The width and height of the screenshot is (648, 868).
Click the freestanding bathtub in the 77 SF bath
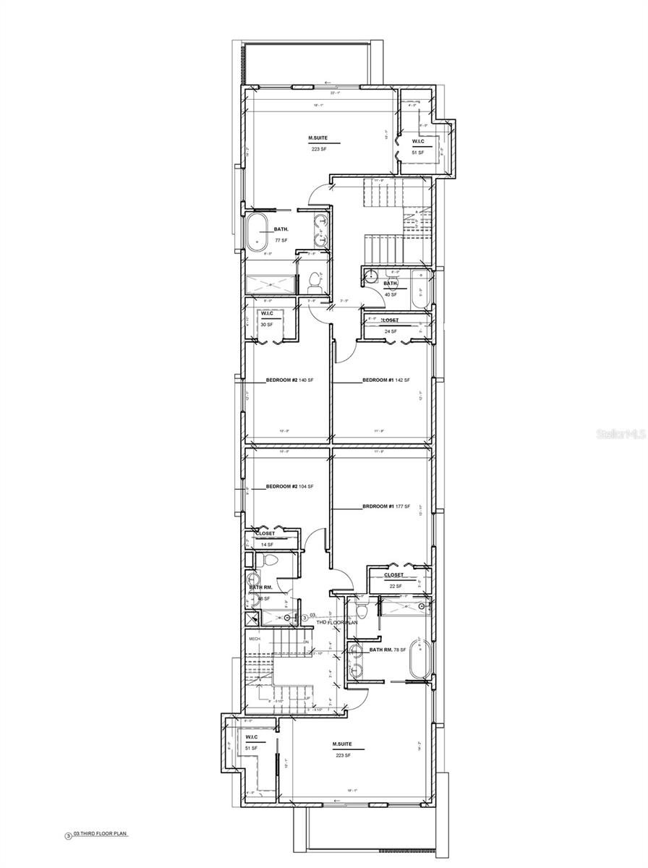click(257, 232)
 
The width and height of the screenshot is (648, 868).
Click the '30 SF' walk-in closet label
click(267, 324)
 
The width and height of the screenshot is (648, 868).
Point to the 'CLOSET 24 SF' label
click(391, 325)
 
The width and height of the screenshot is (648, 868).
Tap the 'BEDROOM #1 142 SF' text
click(385, 380)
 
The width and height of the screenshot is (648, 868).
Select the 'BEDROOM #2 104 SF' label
click(289, 487)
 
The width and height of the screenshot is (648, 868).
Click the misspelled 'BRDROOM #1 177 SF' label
click(385, 506)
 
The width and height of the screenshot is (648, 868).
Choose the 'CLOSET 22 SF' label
click(393, 580)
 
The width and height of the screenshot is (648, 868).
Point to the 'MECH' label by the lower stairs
click(255, 639)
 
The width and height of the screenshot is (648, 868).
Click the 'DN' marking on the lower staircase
click(306, 642)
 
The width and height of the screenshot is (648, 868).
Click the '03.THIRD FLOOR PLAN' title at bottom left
click(101, 834)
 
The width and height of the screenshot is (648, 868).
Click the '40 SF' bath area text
click(391, 294)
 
